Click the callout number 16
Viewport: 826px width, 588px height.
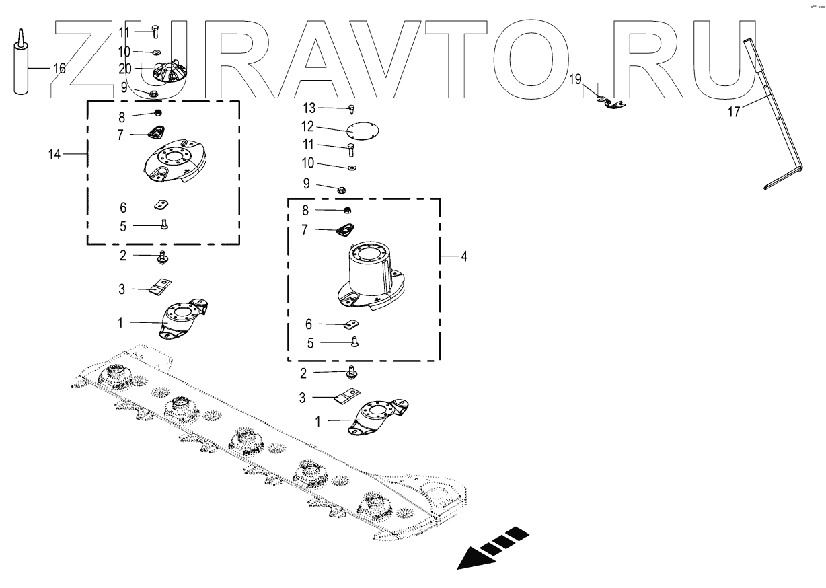click(59, 68)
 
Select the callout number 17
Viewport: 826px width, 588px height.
click(734, 112)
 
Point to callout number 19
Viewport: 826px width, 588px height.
click(574, 79)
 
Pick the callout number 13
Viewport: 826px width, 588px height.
click(309, 108)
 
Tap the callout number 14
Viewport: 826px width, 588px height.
click(54, 155)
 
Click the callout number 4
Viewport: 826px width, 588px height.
click(464, 256)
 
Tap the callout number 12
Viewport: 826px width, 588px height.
click(308, 126)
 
